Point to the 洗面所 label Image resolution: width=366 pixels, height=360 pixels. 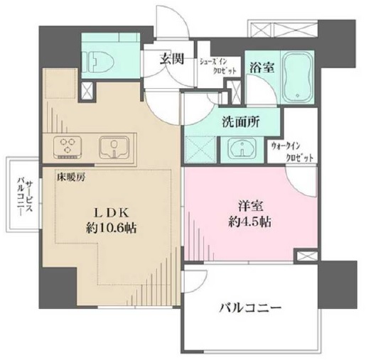tap(238, 121)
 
